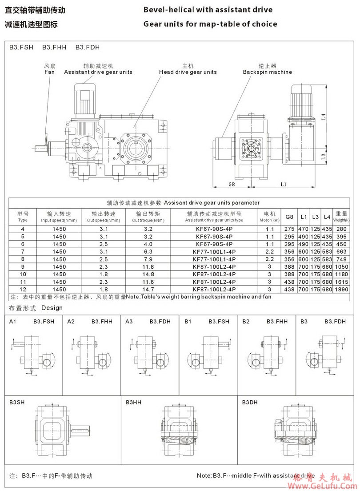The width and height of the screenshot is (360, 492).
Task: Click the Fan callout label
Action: pyautogui.click(x=49, y=72)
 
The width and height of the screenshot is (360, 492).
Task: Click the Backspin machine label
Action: pyautogui.click(x=267, y=72)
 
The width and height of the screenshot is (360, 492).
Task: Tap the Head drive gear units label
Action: pyautogui.click(x=188, y=72)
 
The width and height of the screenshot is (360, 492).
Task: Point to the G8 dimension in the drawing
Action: pyautogui.click(x=231, y=183)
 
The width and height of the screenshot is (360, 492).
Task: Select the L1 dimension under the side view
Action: pyautogui.click(x=283, y=183)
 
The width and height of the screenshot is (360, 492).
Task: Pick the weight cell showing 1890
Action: pyautogui.click(x=341, y=289)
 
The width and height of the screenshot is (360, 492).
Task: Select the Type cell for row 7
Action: pyautogui.click(x=23, y=251)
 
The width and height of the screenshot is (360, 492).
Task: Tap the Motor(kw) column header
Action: pyautogui.click(x=269, y=217)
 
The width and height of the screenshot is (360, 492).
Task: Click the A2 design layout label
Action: pyautogui.click(x=71, y=321)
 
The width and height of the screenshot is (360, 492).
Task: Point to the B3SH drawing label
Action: pyautogui.click(x=17, y=402)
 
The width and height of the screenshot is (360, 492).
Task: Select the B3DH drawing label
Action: pyautogui.click(x=249, y=402)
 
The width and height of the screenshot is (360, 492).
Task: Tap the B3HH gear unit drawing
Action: pyautogui.click(x=180, y=434)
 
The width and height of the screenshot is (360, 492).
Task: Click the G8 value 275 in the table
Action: pyautogui.click(x=289, y=229)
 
